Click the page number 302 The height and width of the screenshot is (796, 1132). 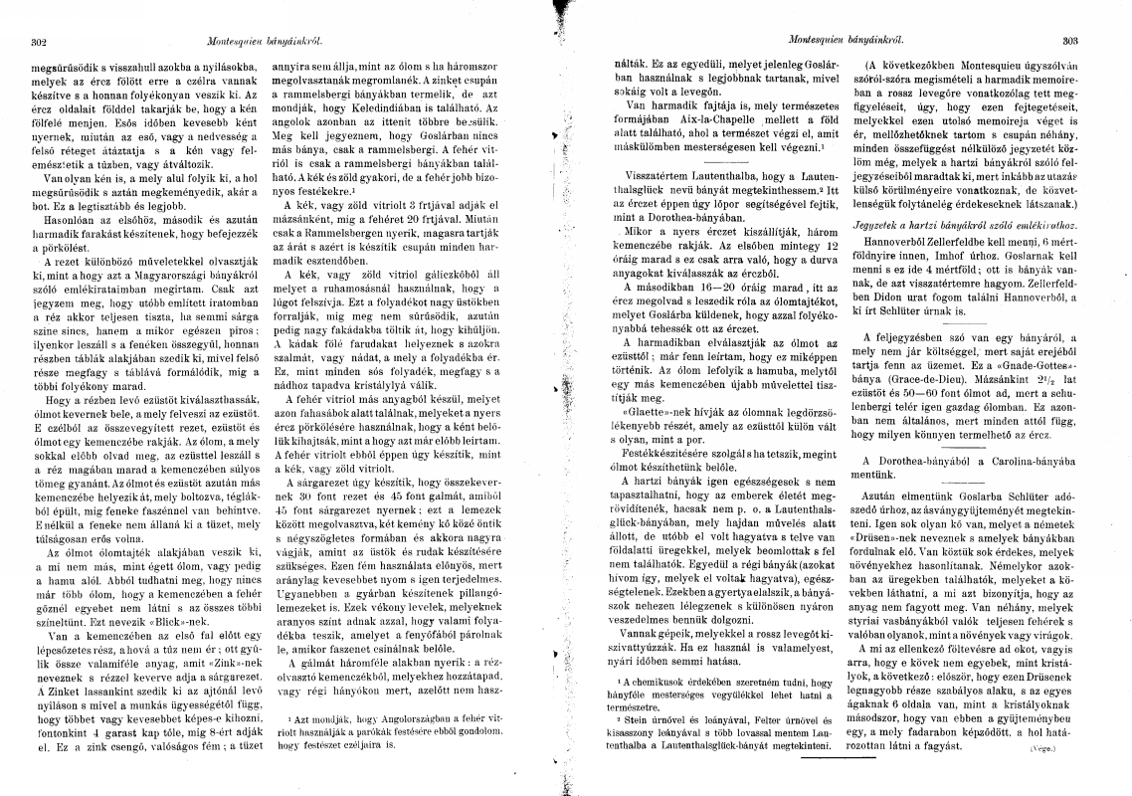click(40, 42)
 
